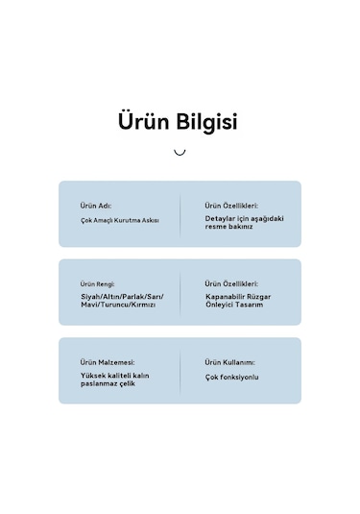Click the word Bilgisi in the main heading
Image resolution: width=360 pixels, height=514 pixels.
[x=205, y=123]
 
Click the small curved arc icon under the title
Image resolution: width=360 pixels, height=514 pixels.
[x=180, y=152]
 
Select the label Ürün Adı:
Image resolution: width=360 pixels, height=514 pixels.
[x=97, y=206]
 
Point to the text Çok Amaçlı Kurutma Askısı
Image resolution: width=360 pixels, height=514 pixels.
[x=119, y=220]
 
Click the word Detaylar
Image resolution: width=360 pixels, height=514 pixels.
[x=220, y=218]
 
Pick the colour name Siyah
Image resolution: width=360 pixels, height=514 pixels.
[x=91, y=297]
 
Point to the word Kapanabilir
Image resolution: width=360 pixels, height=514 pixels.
[x=227, y=297]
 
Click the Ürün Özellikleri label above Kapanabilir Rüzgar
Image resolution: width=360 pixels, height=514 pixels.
[x=231, y=284]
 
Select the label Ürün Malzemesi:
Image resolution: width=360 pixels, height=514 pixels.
[x=108, y=362]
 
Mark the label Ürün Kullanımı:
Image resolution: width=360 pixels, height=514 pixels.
[x=229, y=362]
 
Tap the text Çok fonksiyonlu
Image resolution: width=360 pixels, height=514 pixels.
[x=231, y=377]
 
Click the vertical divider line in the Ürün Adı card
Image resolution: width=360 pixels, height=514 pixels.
[x=180, y=213]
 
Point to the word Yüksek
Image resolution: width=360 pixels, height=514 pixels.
[x=93, y=376]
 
